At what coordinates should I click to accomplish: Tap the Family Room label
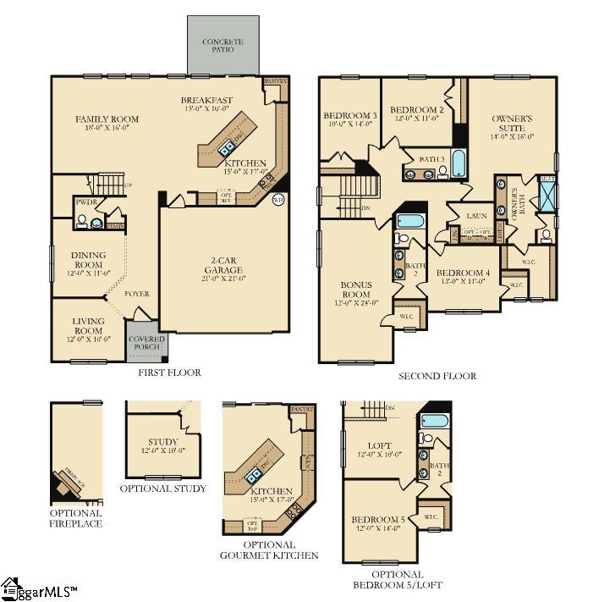tap(107, 119)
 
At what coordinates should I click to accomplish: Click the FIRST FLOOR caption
tap(170, 373)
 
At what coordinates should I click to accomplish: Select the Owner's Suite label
tap(512, 122)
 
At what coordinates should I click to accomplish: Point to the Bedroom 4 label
tap(463, 273)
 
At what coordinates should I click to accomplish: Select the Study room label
tap(162, 442)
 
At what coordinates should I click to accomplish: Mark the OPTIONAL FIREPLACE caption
tap(76, 518)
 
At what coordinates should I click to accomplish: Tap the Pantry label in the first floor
tap(277, 82)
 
